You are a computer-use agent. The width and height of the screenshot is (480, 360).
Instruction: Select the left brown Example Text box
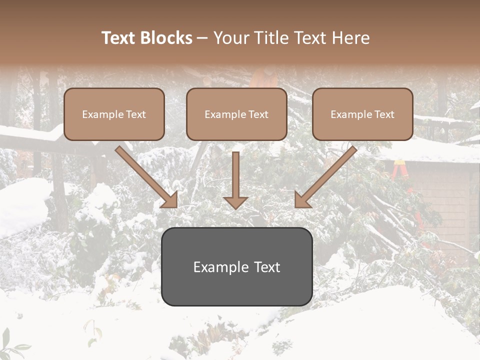pyautogui.click(x=114, y=114)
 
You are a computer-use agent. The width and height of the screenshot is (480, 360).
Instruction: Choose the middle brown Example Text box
pyautogui.click(x=236, y=114)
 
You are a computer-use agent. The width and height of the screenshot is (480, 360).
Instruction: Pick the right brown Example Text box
pyautogui.click(x=362, y=114)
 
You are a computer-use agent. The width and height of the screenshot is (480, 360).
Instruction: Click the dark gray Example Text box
pyautogui.click(x=236, y=266)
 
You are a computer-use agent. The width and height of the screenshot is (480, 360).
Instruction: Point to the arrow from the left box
pyautogui.click(x=145, y=175)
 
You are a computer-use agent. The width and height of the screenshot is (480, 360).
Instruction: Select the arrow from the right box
pyautogui.click(x=327, y=175)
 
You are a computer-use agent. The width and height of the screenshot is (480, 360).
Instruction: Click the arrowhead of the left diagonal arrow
pyautogui.click(x=169, y=199)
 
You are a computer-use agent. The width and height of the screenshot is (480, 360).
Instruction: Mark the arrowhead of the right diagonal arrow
pyautogui.click(x=302, y=199)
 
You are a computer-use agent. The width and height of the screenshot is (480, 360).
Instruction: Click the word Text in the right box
pyautogui.click(x=384, y=114)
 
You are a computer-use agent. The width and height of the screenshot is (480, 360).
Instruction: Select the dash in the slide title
pyautogui.click(x=202, y=38)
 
